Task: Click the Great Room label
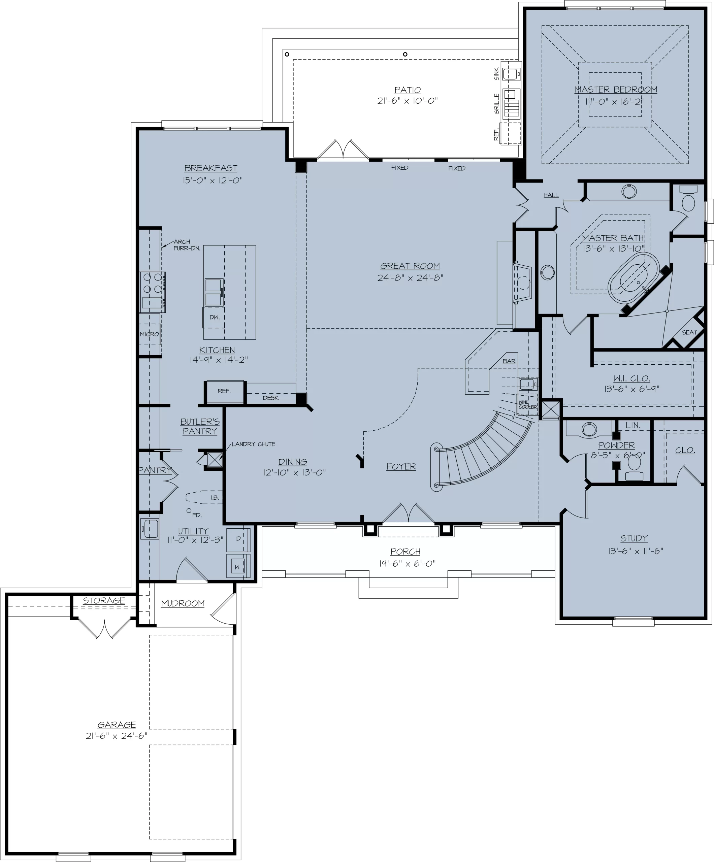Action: pos(410,266)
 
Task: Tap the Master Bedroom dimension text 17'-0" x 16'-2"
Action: pos(615,101)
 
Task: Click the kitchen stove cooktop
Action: pos(152,292)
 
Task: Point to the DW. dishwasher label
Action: pos(214,317)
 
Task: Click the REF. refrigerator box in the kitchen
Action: pos(225,392)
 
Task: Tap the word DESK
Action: pos(270,398)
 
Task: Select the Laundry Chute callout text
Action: pos(253,444)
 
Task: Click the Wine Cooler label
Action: pos(527,405)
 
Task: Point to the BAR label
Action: pos(509,361)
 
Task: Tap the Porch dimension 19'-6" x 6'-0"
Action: pos(407,564)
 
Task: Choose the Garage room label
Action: pos(117,725)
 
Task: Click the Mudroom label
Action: pos(183,603)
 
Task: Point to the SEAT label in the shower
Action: pos(690,332)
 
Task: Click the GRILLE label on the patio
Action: pos(497,104)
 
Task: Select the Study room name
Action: pos(634,538)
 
